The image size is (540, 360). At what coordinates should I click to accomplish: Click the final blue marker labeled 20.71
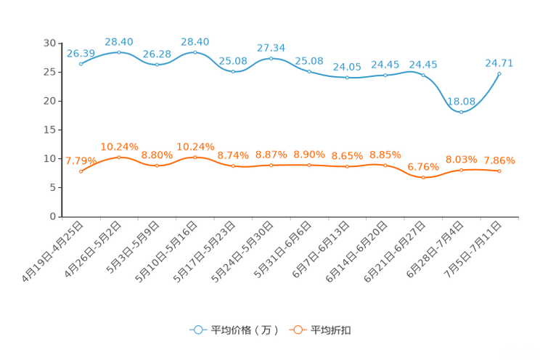(499, 73)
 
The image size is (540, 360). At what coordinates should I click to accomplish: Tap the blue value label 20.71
(499, 63)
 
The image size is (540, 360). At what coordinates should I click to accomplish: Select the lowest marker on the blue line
(461, 112)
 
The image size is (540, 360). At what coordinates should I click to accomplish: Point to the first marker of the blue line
(81, 64)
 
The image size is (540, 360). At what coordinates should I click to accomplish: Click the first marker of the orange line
(81, 171)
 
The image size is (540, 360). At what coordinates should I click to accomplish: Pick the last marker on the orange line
(499, 171)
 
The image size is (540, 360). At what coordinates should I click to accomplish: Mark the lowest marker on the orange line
(423, 177)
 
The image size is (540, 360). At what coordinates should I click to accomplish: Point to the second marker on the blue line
(119, 52)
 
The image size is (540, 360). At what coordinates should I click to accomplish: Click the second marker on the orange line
(119, 157)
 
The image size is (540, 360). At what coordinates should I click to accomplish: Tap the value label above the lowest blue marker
(462, 102)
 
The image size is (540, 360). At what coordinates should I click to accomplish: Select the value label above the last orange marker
(499, 160)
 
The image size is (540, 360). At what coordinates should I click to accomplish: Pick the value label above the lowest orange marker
(423, 166)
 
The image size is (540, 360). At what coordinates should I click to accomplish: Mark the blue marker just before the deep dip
(423, 74)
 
